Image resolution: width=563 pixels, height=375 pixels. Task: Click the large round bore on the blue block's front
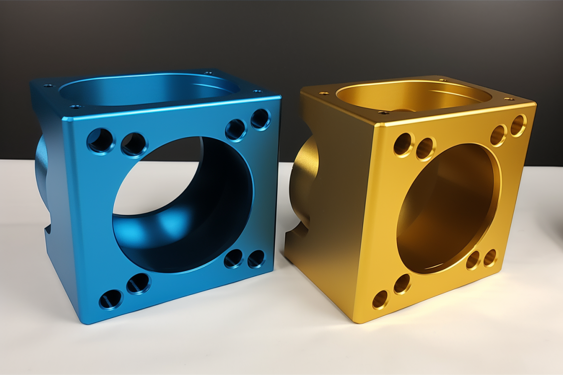pos(183,205)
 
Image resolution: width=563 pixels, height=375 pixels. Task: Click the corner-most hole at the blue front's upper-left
pos(100,140)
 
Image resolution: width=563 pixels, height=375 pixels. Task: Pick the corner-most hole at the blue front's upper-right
pos(260,119)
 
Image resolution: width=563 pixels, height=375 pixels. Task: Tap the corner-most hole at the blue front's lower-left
pos(110,300)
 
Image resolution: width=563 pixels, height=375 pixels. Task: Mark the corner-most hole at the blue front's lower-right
pos(256,258)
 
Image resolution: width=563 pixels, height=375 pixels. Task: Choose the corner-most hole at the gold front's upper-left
pos(403,144)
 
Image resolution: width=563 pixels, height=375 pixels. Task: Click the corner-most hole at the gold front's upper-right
pos(518,125)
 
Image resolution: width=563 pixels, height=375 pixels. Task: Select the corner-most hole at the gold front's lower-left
pos(380,299)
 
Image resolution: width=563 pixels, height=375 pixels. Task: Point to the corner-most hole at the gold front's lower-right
pos(490,258)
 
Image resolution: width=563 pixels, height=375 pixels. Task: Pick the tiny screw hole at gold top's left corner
pos(324,93)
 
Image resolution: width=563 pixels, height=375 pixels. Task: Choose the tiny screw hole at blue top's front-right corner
pos(257,91)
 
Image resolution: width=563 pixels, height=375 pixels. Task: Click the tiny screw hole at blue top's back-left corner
pos(48,86)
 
